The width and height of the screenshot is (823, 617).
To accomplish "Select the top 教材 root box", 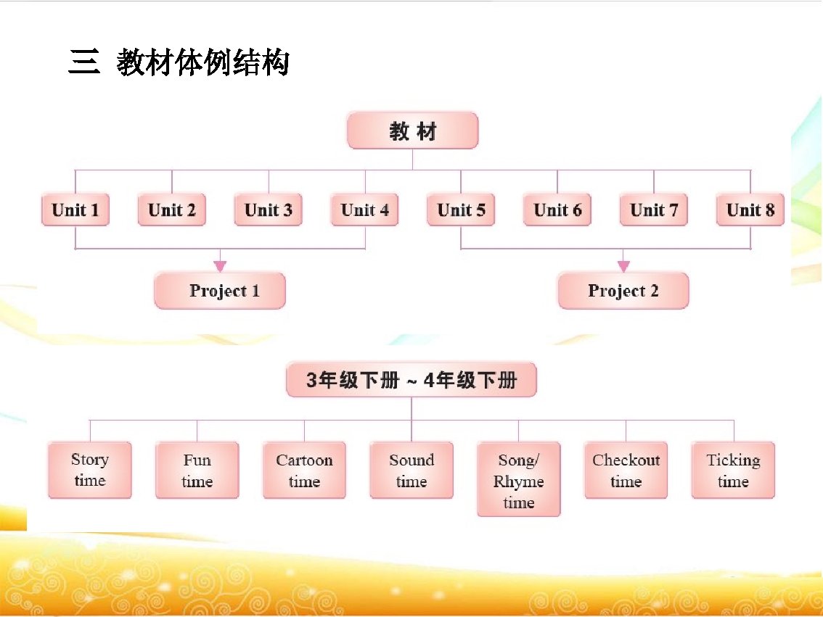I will tap(412, 131).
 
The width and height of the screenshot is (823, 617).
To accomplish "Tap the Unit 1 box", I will tap(75, 210).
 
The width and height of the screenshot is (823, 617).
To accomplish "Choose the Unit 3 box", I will tap(269, 210).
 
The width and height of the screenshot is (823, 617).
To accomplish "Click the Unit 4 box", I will tap(364, 210).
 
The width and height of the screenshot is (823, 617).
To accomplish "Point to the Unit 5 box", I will tap(461, 210).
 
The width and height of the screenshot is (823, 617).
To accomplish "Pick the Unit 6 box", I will tap(557, 210).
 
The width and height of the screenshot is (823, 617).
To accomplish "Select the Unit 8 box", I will tap(750, 210).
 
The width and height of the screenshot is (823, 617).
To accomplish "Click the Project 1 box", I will tap(220, 291).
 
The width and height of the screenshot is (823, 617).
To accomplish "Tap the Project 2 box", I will tap(623, 291).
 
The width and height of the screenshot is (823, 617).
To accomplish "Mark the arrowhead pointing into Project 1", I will tap(220, 266).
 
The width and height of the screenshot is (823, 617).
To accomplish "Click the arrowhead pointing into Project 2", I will tap(623, 266).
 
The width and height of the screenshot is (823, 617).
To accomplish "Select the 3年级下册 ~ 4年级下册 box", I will tap(411, 381).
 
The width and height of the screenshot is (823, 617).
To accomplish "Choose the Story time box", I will tap(90, 470).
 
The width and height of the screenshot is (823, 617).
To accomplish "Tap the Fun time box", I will tap(197, 471).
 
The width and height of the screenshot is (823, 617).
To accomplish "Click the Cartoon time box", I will tap(304, 471).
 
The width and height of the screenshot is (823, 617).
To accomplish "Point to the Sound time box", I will tap(411, 471).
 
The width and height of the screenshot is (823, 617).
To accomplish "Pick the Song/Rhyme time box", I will tap(518, 479).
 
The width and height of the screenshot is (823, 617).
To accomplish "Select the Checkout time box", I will tap(626, 471).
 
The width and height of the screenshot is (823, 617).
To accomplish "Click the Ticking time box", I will tap(733, 471).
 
